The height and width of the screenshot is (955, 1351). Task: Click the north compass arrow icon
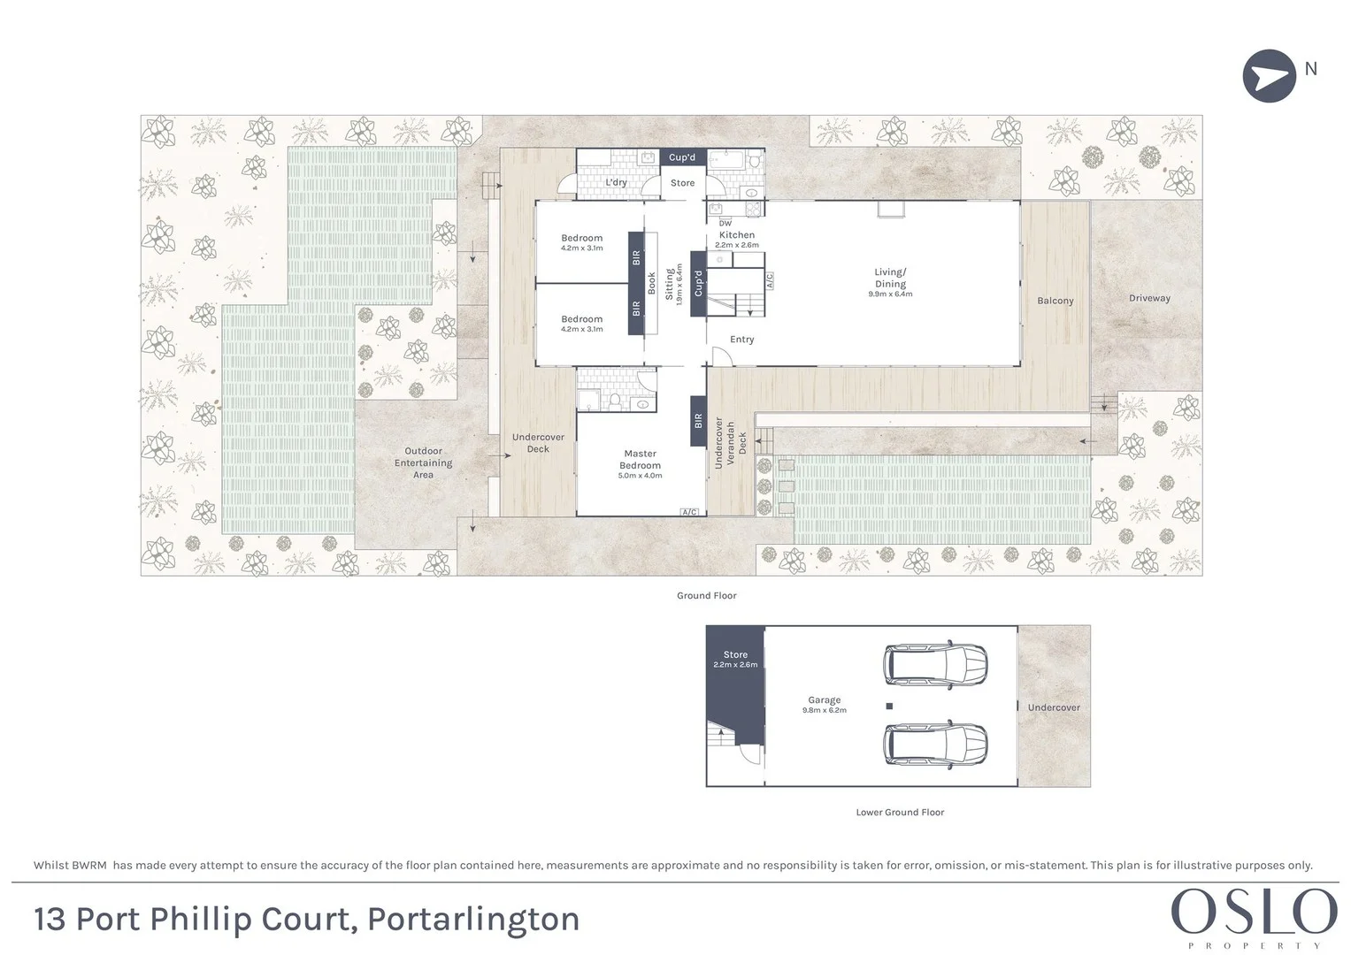click(1269, 75)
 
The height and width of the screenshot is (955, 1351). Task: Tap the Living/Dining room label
click(890, 282)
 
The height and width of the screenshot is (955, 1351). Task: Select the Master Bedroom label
click(640, 463)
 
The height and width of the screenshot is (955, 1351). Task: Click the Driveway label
click(1149, 298)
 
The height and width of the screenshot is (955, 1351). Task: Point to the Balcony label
click(1055, 301)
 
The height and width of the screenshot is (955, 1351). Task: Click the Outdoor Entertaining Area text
click(423, 462)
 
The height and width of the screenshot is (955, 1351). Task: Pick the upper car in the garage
click(936, 662)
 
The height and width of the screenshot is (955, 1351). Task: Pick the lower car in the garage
click(936, 744)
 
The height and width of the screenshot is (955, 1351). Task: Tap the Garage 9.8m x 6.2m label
click(824, 704)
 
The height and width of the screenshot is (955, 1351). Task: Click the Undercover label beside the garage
click(1054, 707)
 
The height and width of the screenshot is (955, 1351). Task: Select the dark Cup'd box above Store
click(681, 157)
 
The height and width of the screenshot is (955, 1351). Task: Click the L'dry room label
click(616, 183)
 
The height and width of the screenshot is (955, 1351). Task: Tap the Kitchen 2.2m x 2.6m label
click(736, 239)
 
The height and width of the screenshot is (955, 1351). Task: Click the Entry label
click(741, 340)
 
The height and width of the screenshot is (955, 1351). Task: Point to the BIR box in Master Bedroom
click(697, 421)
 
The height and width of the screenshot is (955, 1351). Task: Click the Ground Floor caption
click(706, 595)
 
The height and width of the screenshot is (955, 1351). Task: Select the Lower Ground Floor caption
click(900, 812)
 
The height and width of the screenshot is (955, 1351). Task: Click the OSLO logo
click(1254, 913)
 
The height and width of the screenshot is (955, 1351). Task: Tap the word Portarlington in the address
click(473, 920)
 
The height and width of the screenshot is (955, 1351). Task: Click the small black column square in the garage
click(889, 707)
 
